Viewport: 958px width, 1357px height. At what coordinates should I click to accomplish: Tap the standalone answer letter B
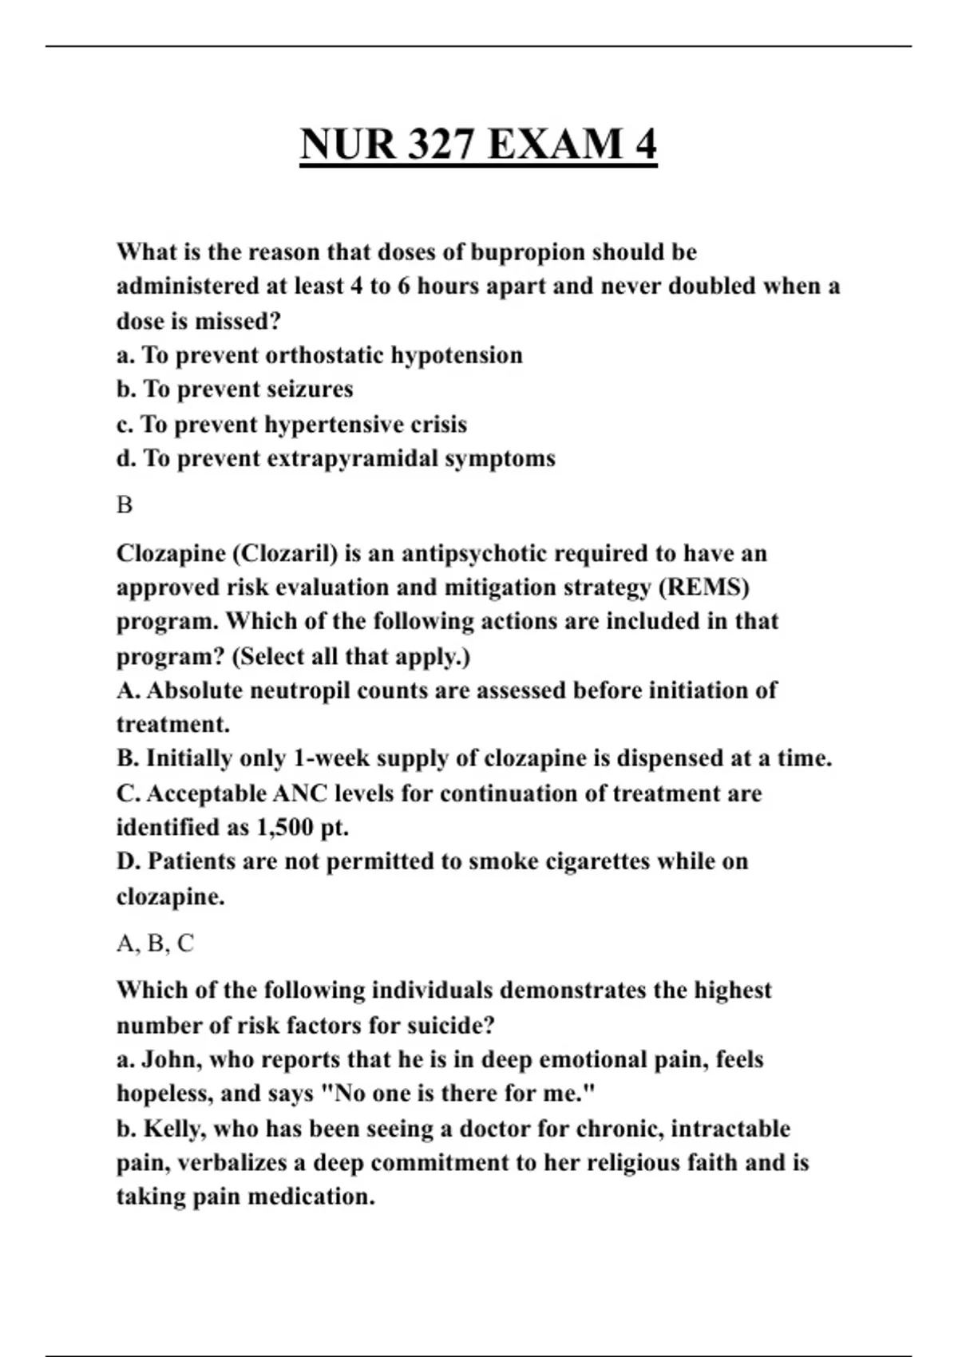125,505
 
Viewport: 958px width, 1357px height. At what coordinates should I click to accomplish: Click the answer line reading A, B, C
155,944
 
